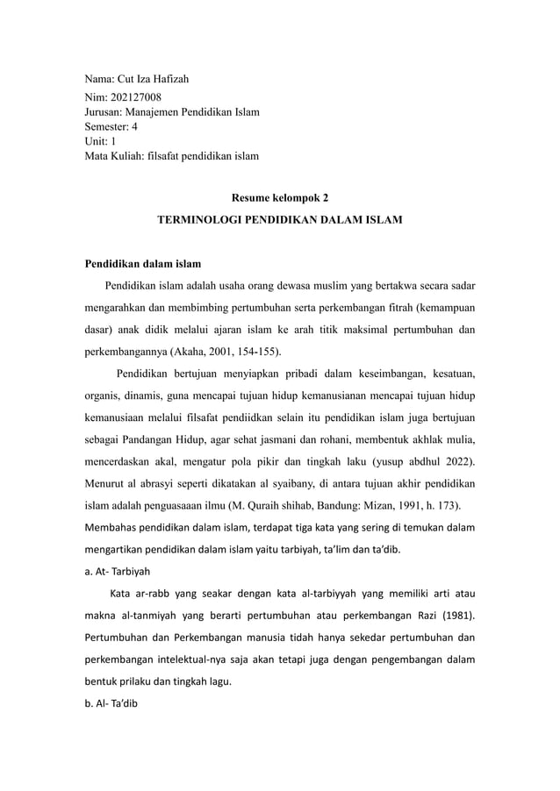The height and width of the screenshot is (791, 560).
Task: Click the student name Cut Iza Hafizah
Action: [156, 80]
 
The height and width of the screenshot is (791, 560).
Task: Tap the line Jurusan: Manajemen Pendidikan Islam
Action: [171, 112]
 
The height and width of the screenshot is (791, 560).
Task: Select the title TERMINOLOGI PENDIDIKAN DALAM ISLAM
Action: [279, 223]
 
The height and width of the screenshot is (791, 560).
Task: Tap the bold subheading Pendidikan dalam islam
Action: [142, 262]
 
